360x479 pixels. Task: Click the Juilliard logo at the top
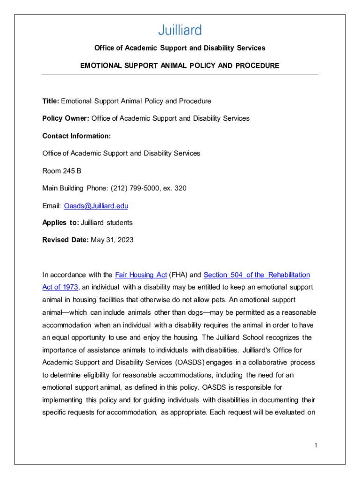coord(180,30)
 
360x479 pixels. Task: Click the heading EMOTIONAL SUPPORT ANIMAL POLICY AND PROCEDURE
coord(180,65)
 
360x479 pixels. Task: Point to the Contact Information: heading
coord(77,136)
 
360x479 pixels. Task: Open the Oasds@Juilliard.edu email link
coord(96,206)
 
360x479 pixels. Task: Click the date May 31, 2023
coord(112,240)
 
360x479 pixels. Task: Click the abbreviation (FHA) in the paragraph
coord(178,275)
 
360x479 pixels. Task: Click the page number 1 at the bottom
coord(316,445)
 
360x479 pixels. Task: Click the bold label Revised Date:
coord(65,240)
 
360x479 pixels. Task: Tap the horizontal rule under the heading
coord(180,74)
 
